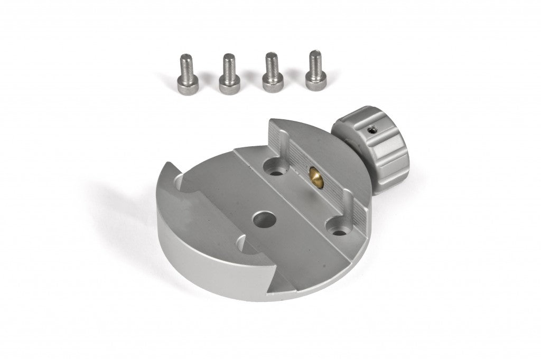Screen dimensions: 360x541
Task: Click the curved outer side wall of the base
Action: (211, 253)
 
